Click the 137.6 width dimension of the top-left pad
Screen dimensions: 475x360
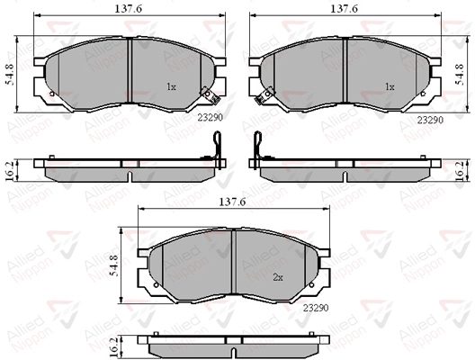[x=128, y=9]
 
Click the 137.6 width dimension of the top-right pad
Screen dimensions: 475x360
[x=344, y=9]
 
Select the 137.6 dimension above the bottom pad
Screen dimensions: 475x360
[x=232, y=202]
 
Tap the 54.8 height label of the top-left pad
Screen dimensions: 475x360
[x=10, y=74]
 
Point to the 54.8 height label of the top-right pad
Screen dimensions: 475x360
[x=460, y=74]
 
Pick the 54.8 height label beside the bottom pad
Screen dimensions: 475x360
[x=113, y=265]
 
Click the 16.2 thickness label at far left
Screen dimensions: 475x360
[x=9, y=171]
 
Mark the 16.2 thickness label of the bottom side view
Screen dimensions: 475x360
[x=114, y=346]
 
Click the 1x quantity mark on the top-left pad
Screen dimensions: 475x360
[x=171, y=87]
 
